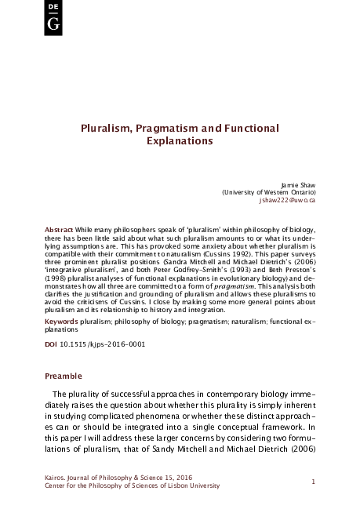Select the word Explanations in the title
point(180,143)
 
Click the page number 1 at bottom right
point(313,481)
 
